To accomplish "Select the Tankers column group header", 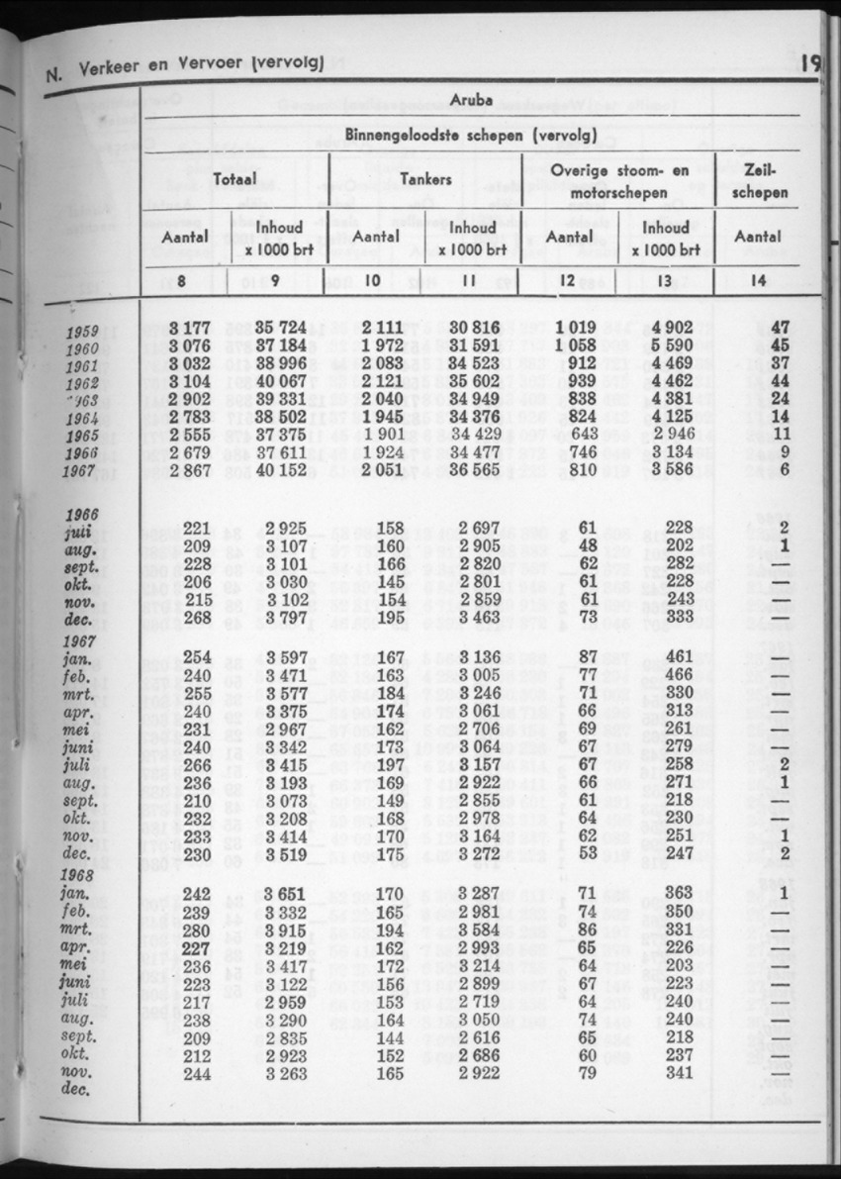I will pos(426,180).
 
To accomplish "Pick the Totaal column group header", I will pos(234,180).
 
